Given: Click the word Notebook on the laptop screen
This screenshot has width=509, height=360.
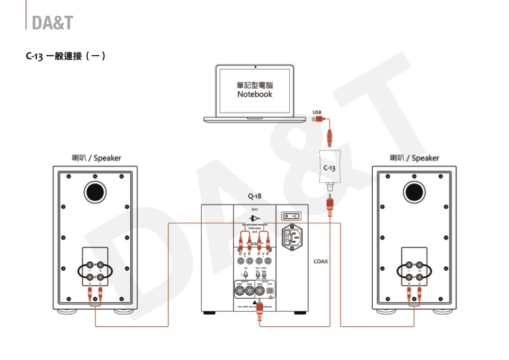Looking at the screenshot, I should (255, 94).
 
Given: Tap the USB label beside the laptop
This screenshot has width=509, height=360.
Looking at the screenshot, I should (317, 112).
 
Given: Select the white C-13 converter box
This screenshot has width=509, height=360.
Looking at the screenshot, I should (329, 166).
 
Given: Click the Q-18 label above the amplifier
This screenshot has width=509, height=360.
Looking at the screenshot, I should (255, 197).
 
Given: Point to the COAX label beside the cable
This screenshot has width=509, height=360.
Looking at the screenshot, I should (321, 262).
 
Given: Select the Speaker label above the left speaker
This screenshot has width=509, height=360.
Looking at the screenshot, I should (96, 159).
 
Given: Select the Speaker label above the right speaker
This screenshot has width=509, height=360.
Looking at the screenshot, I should (415, 159).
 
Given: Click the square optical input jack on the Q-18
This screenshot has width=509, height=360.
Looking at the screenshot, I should (271, 291).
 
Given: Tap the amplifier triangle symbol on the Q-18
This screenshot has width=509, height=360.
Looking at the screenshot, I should (254, 218).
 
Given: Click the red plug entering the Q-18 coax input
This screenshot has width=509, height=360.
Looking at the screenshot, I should (260, 312).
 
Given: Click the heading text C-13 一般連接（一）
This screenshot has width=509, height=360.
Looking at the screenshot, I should (67, 57).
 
